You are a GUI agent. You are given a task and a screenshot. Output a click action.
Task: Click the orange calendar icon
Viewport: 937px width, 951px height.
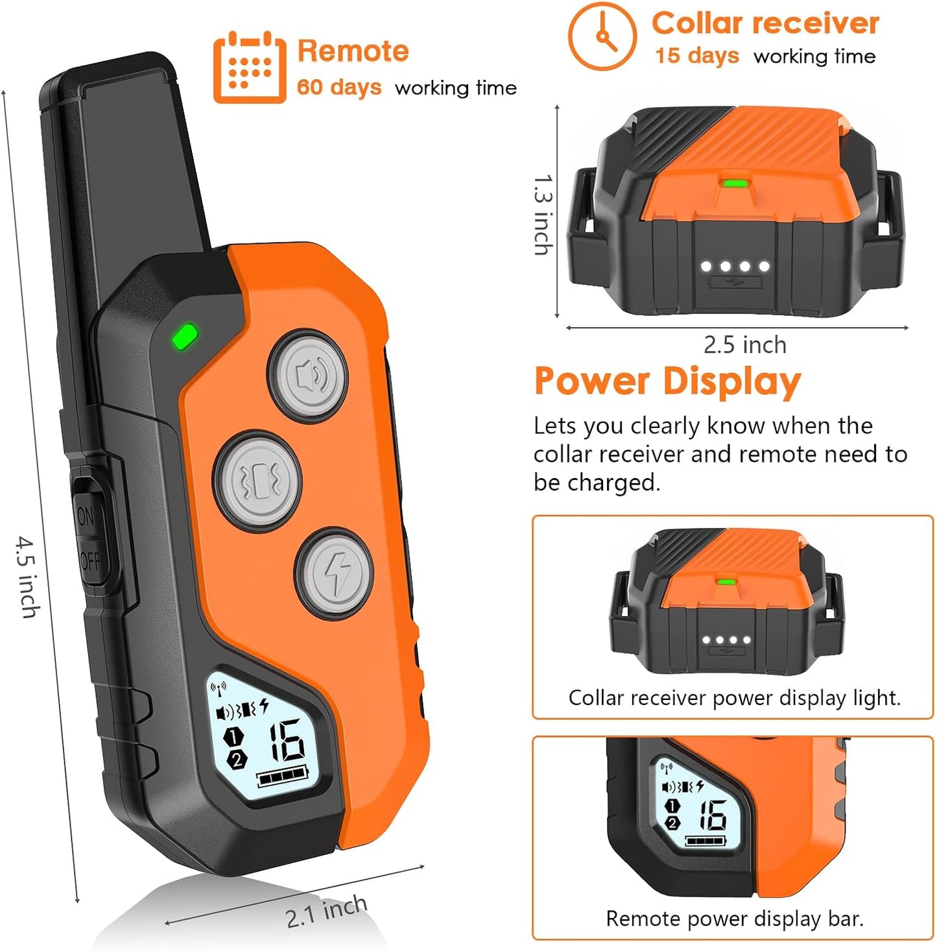(x=250, y=67)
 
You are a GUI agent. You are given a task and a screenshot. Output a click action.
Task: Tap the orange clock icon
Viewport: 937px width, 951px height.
(x=602, y=36)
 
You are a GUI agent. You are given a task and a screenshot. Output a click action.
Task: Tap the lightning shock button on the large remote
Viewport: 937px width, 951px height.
(x=334, y=573)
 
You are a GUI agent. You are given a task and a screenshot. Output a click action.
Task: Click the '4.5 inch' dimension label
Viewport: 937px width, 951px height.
(x=28, y=576)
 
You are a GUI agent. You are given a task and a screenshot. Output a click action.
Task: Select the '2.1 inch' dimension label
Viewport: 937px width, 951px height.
(x=326, y=911)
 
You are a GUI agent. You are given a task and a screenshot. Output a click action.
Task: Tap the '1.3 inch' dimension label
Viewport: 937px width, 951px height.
(x=543, y=214)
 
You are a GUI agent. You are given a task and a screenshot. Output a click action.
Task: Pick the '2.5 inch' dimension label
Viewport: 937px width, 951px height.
(x=744, y=345)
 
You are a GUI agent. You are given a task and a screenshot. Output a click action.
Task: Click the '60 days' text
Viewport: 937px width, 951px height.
(x=339, y=87)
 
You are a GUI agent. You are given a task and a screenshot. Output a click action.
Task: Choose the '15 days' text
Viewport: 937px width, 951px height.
(x=696, y=56)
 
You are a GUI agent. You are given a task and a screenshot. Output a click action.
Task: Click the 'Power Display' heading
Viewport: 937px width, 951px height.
(x=667, y=381)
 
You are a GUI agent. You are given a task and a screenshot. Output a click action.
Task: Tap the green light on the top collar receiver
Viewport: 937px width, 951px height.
(x=733, y=184)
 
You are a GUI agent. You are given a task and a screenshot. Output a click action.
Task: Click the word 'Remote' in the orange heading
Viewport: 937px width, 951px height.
(x=353, y=51)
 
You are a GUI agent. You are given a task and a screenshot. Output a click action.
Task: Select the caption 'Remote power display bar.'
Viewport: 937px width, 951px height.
(x=734, y=919)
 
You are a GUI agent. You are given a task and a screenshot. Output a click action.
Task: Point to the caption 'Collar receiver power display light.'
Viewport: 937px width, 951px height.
(x=734, y=698)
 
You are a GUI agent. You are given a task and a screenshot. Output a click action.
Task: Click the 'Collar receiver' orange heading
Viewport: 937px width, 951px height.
(x=765, y=23)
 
